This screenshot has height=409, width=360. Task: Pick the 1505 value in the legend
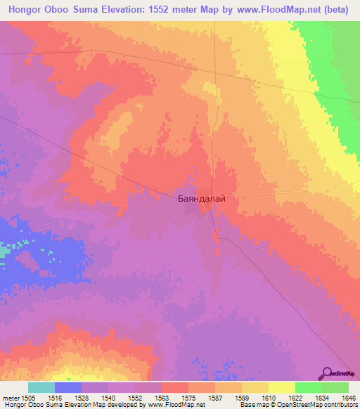28,397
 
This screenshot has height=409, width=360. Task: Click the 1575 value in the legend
188,397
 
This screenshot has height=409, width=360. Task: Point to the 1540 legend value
108,397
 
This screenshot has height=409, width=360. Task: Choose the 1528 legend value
81,397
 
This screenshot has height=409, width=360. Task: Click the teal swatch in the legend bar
41,387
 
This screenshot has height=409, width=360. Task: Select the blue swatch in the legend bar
68,387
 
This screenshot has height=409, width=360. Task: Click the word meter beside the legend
10,397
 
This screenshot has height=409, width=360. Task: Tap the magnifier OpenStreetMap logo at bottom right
328,373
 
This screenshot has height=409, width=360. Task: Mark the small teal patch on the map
5,249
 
